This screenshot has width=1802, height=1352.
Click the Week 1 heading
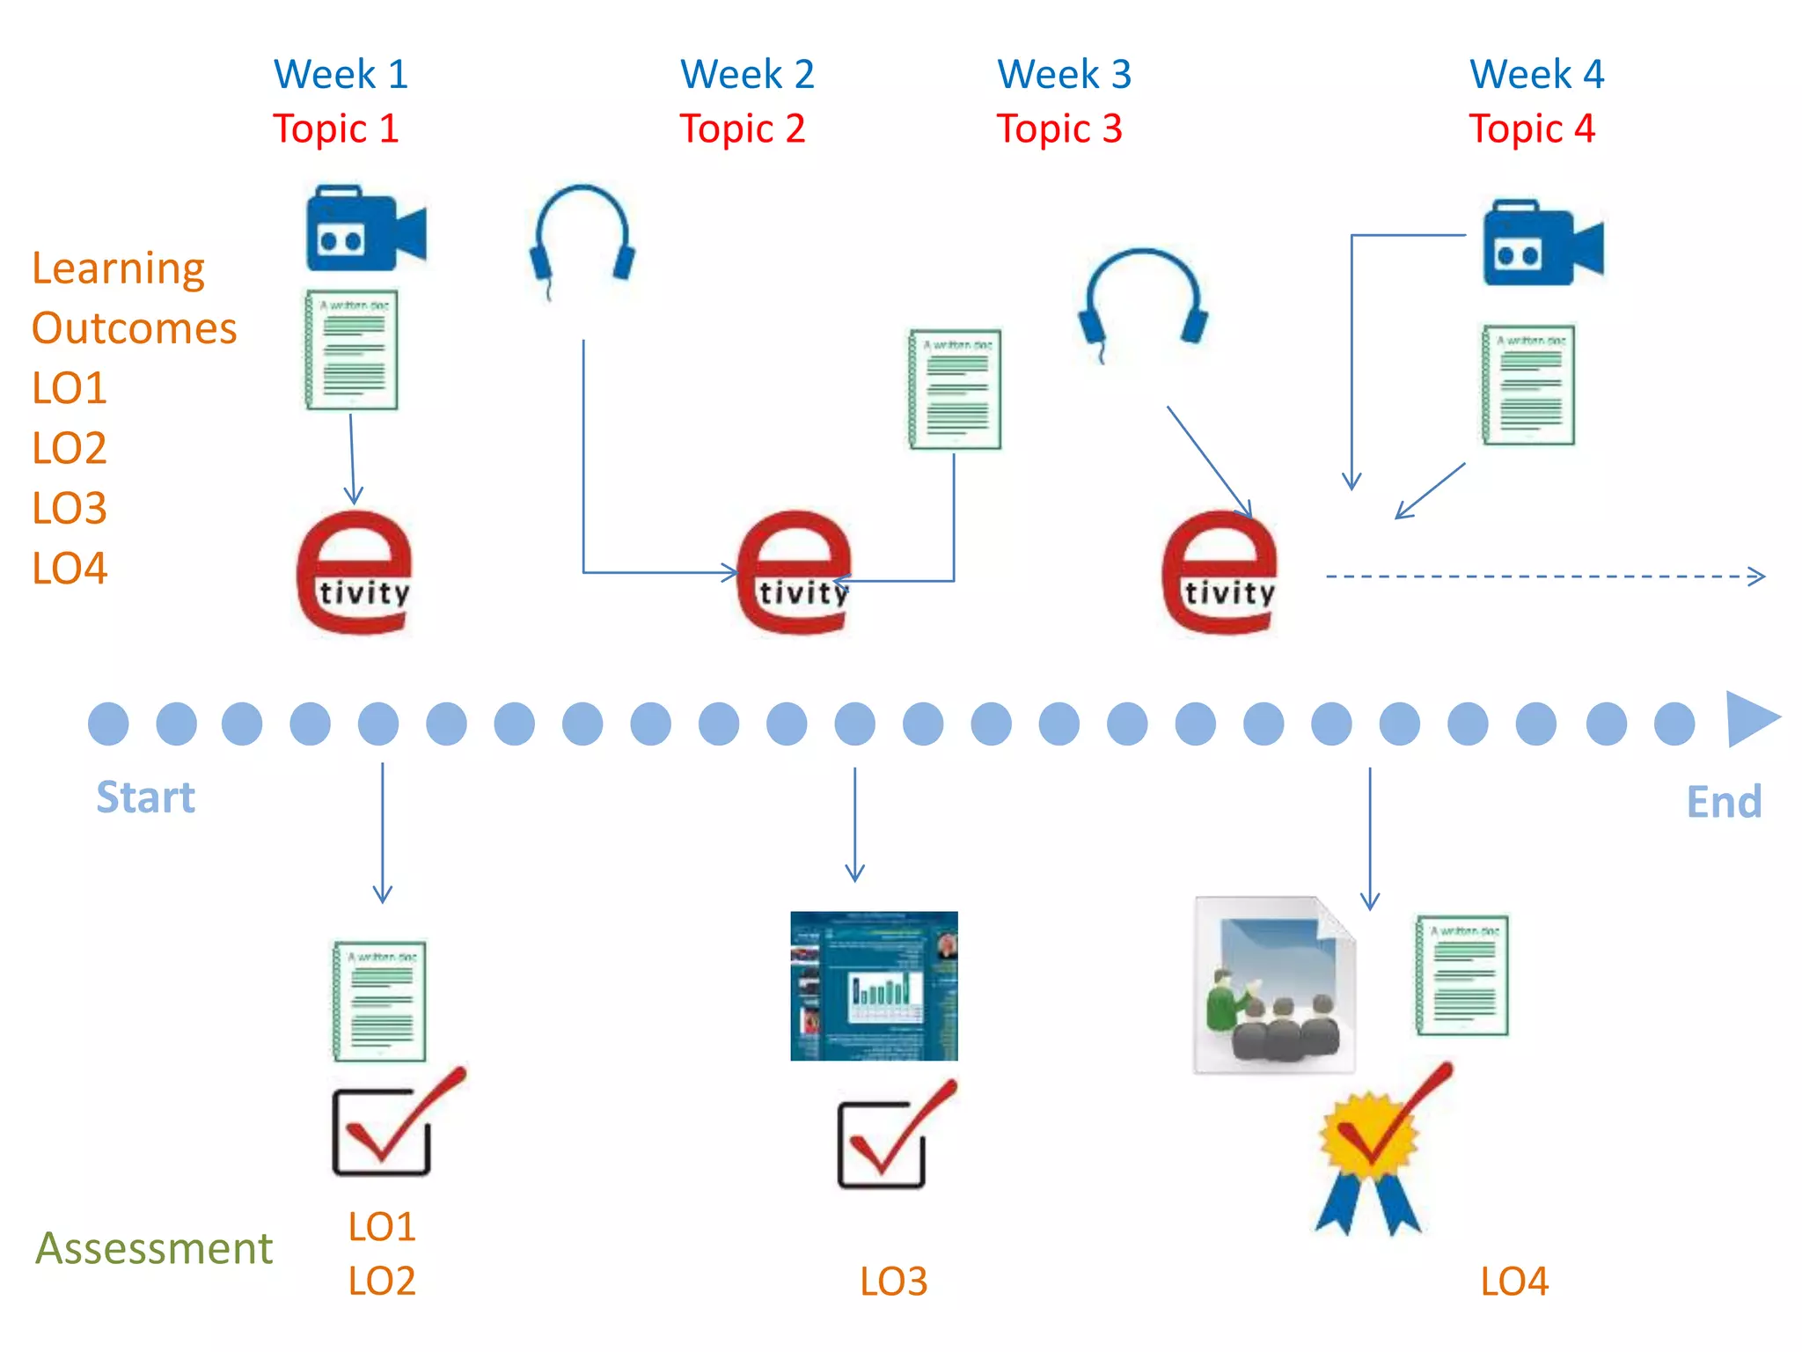point(341,75)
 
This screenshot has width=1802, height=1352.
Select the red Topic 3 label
point(1059,129)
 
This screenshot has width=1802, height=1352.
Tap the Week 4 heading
point(1536,75)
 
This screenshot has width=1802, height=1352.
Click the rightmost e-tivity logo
point(1220,572)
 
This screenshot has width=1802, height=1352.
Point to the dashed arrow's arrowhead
point(1756,577)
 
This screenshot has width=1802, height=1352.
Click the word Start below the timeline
point(145,798)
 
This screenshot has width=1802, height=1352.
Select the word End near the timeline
point(1723,802)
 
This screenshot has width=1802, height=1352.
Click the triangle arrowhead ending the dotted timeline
point(1750,720)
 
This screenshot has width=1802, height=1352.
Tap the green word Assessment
point(154,1248)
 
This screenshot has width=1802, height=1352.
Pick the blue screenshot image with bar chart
point(874,986)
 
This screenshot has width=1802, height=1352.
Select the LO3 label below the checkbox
point(893,1282)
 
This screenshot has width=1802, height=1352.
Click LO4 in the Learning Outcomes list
point(70,569)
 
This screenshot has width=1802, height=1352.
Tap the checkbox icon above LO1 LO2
point(387,1127)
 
